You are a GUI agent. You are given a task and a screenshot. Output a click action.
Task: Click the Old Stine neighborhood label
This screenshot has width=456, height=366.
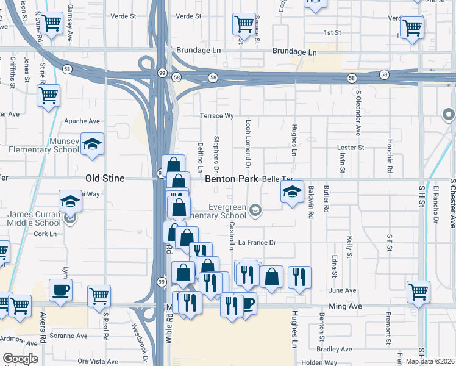(105, 179)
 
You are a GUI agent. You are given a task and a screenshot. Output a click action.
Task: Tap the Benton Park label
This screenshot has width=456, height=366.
(232, 179)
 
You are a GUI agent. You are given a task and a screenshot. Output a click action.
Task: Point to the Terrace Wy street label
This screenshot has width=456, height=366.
(218, 115)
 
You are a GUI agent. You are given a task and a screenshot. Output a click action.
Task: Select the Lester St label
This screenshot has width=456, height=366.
(351, 148)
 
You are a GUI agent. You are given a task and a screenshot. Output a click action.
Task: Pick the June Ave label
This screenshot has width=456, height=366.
(342, 290)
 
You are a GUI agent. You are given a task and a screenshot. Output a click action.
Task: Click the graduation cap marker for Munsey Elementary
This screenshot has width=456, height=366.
(92, 144)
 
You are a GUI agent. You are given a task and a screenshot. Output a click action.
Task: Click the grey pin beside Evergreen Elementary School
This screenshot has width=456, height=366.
(256, 210)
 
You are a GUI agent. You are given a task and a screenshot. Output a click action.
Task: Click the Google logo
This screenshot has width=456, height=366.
(20, 359)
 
